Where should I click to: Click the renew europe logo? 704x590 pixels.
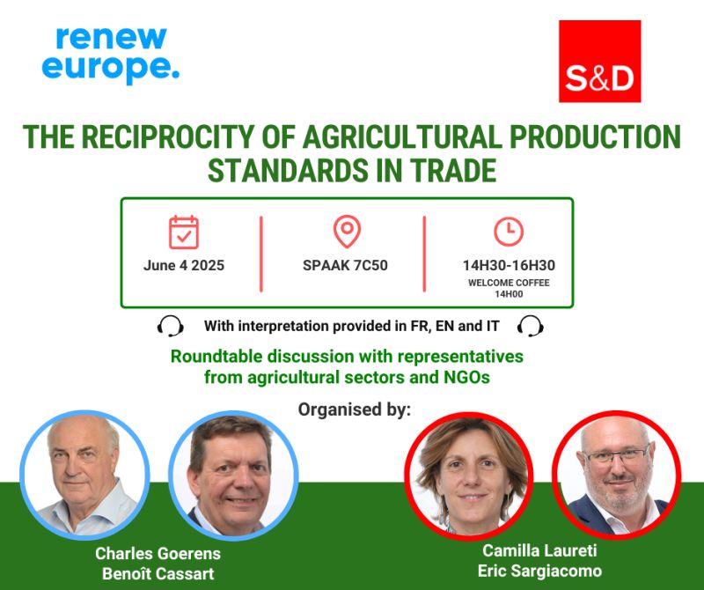111,55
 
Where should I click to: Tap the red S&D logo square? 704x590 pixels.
599,61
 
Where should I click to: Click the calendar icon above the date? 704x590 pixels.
184,232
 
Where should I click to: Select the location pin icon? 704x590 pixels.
347,232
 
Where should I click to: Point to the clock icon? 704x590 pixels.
509,232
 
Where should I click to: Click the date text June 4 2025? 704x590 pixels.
184,265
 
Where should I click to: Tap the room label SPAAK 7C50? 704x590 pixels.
345,265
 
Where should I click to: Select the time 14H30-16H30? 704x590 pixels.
509,265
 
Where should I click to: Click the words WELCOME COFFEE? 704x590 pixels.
509,283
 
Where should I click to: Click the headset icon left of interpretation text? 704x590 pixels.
170,326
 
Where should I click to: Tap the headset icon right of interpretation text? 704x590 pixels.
531,326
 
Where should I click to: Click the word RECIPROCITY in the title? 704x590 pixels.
168,137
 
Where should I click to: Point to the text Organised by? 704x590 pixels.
355,409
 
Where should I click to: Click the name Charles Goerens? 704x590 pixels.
158,554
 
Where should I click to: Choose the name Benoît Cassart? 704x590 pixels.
158,574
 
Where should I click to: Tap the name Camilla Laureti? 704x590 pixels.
539,550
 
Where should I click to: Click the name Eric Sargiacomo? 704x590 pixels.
539,571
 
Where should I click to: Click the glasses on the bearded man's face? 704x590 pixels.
617,455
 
